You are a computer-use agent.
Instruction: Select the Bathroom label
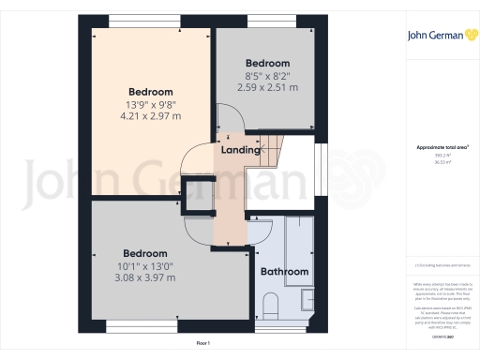point(284,272)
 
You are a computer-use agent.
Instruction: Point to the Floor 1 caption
point(202,345)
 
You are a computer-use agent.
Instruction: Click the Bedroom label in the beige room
point(148,92)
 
